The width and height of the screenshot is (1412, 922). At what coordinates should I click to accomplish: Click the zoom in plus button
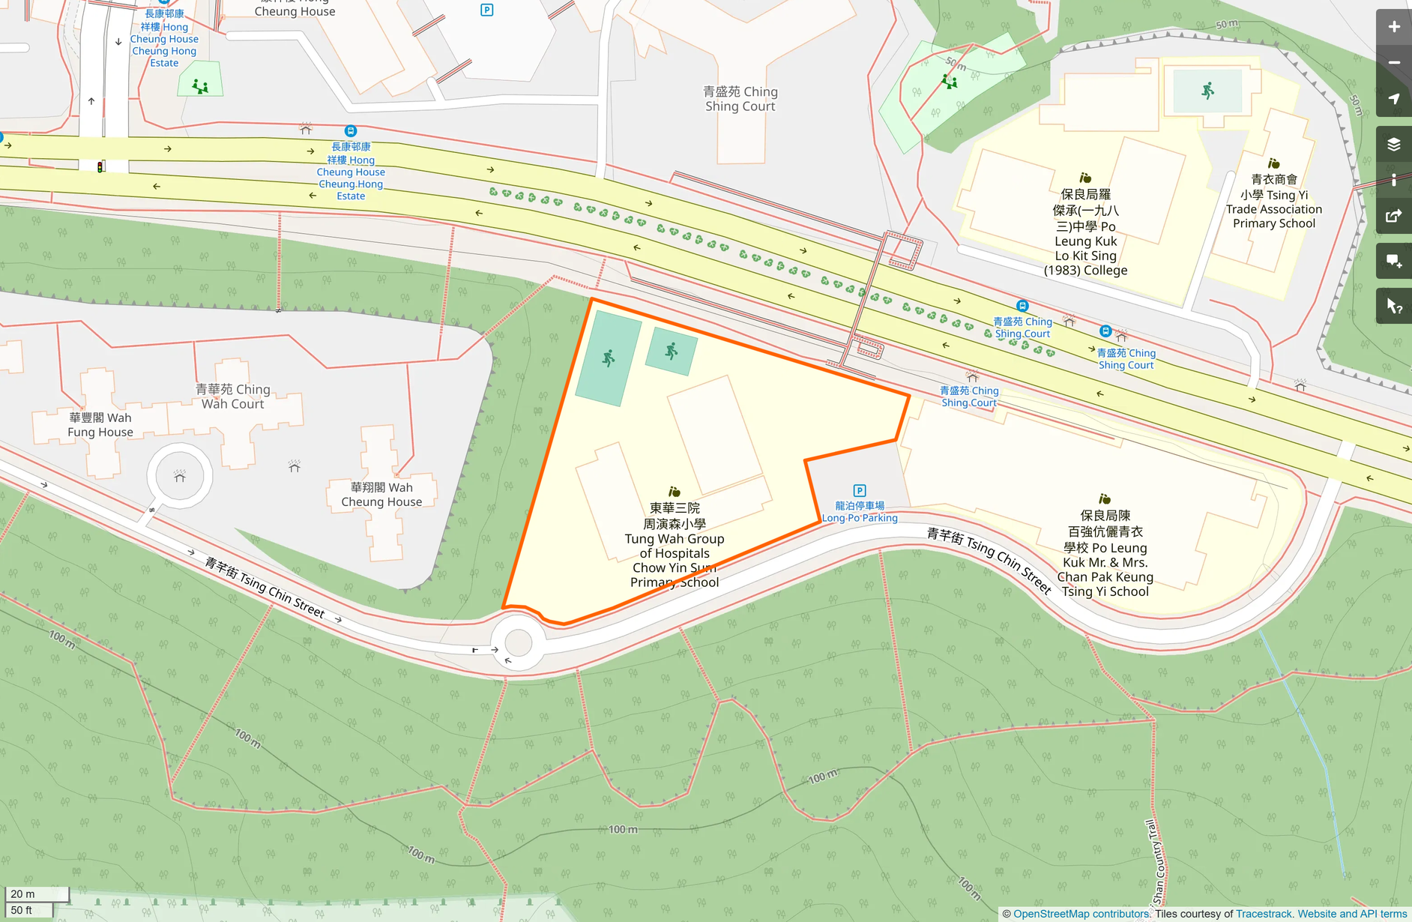tap(1393, 27)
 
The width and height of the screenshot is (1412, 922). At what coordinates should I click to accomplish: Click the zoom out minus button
tap(1393, 63)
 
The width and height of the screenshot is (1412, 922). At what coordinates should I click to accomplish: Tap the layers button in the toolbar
tap(1393, 144)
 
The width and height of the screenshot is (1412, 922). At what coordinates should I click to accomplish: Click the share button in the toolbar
tap(1393, 217)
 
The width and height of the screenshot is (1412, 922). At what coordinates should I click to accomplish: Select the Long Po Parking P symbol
tap(860, 490)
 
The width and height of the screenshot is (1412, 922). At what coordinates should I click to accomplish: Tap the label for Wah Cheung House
tap(381, 495)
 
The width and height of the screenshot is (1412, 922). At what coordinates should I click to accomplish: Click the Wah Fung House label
tap(100, 425)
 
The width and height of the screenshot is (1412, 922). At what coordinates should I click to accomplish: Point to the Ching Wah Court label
tap(233, 397)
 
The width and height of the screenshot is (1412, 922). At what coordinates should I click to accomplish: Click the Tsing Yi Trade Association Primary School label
tap(1274, 202)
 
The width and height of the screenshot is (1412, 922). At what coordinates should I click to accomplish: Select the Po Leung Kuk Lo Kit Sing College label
tap(1085, 233)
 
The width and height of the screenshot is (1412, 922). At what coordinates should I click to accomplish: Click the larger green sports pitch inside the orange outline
tap(608, 358)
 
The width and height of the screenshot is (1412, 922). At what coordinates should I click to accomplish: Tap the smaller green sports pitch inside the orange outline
tap(672, 351)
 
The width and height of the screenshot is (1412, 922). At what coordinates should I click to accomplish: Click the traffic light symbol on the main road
tap(100, 166)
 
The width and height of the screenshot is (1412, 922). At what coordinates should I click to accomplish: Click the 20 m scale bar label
tap(23, 894)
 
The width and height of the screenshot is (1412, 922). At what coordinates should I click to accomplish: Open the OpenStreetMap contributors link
tap(1081, 914)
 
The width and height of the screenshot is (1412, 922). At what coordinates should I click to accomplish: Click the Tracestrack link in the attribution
tap(1264, 914)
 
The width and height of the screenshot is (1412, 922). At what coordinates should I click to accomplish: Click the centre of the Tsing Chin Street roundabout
tap(518, 642)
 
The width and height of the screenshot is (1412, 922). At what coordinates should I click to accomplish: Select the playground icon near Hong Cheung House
tap(200, 86)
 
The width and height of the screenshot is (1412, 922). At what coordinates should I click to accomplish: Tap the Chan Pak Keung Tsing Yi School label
tap(1105, 553)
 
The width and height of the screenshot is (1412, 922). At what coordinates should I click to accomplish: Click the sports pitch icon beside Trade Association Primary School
tap(1207, 91)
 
